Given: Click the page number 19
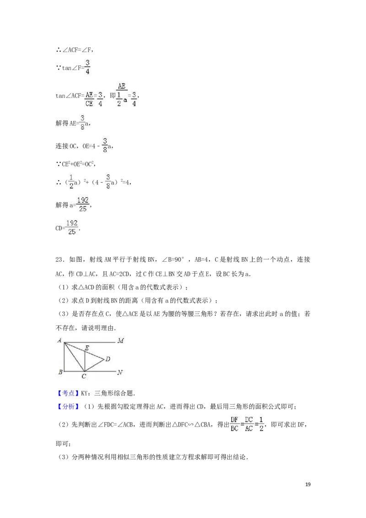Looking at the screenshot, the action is [308, 484].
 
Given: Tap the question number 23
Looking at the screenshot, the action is [60, 259].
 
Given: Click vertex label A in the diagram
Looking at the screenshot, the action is [59, 340].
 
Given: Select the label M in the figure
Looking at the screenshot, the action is [121, 340].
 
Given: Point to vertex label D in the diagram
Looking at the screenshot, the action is [108, 359].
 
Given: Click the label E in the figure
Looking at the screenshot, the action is [86, 348].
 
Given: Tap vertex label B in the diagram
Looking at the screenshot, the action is [60, 372].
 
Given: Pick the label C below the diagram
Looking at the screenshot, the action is [84, 376].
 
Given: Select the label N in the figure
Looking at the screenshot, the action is [119, 372].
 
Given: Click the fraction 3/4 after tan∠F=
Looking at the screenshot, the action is [87, 67].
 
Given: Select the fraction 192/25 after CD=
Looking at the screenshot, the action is [72, 227].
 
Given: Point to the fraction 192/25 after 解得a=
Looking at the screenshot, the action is [83, 205].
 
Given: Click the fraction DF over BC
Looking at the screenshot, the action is [234, 424].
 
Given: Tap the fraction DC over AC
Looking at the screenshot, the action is [249, 424].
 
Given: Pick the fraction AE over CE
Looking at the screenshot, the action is [89, 99].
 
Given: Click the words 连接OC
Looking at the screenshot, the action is [66, 146].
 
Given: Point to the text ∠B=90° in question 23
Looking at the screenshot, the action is [173, 259].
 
